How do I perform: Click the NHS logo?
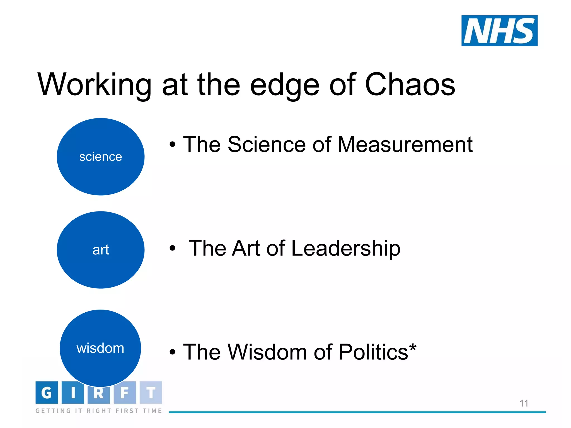click(x=499, y=31)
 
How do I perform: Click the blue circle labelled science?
click(x=101, y=157)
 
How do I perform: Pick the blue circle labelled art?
click(x=101, y=250)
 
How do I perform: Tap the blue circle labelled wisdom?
click(x=100, y=348)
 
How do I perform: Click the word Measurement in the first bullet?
click(x=405, y=145)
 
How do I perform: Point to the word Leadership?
click(x=346, y=248)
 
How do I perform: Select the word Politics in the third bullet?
click(x=373, y=352)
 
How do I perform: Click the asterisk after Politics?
click(x=413, y=347)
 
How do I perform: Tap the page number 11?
click(x=524, y=403)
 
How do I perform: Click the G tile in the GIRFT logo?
click(x=47, y=393)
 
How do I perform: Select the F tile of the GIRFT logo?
click(x=125, y=393)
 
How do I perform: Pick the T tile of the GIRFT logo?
click(x=151, y=393)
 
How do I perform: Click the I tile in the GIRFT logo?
click(x=73, y=393)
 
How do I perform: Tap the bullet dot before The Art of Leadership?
click(x=173, y=248)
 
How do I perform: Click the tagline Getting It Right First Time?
click(x=99, y=411)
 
